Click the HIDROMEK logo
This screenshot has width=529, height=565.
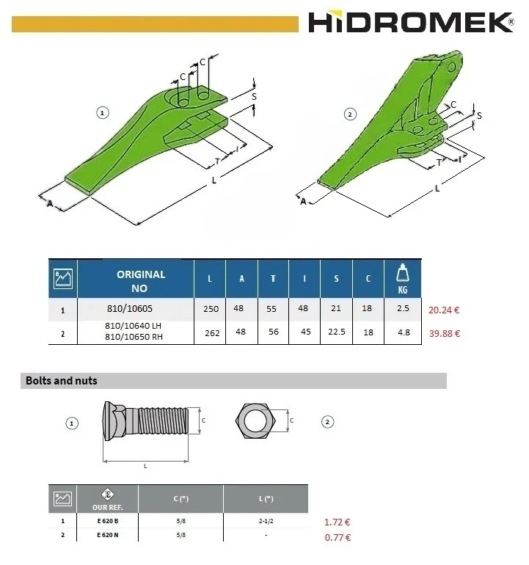(411, 22)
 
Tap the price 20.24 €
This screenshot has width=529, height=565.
(444, 310)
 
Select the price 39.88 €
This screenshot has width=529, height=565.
(444, 334)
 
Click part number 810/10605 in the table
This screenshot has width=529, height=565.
(135, 310)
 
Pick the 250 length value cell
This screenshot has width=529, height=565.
(211, 310)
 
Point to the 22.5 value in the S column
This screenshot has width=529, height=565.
(336, 334)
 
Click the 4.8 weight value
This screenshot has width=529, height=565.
(402, 334)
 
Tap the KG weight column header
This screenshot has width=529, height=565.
(402, 279)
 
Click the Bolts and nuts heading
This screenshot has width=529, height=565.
(62, 381)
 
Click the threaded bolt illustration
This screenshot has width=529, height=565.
(147, 423)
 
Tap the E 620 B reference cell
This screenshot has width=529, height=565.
(107, 522)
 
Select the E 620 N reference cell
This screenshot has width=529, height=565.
(107, 536)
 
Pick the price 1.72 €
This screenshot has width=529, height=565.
(337, 522)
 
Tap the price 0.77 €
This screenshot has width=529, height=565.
(337, 537)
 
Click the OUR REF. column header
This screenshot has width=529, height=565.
(107, 500)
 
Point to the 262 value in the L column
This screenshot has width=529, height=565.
(211, 334)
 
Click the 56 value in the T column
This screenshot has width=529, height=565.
(273, 334)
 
